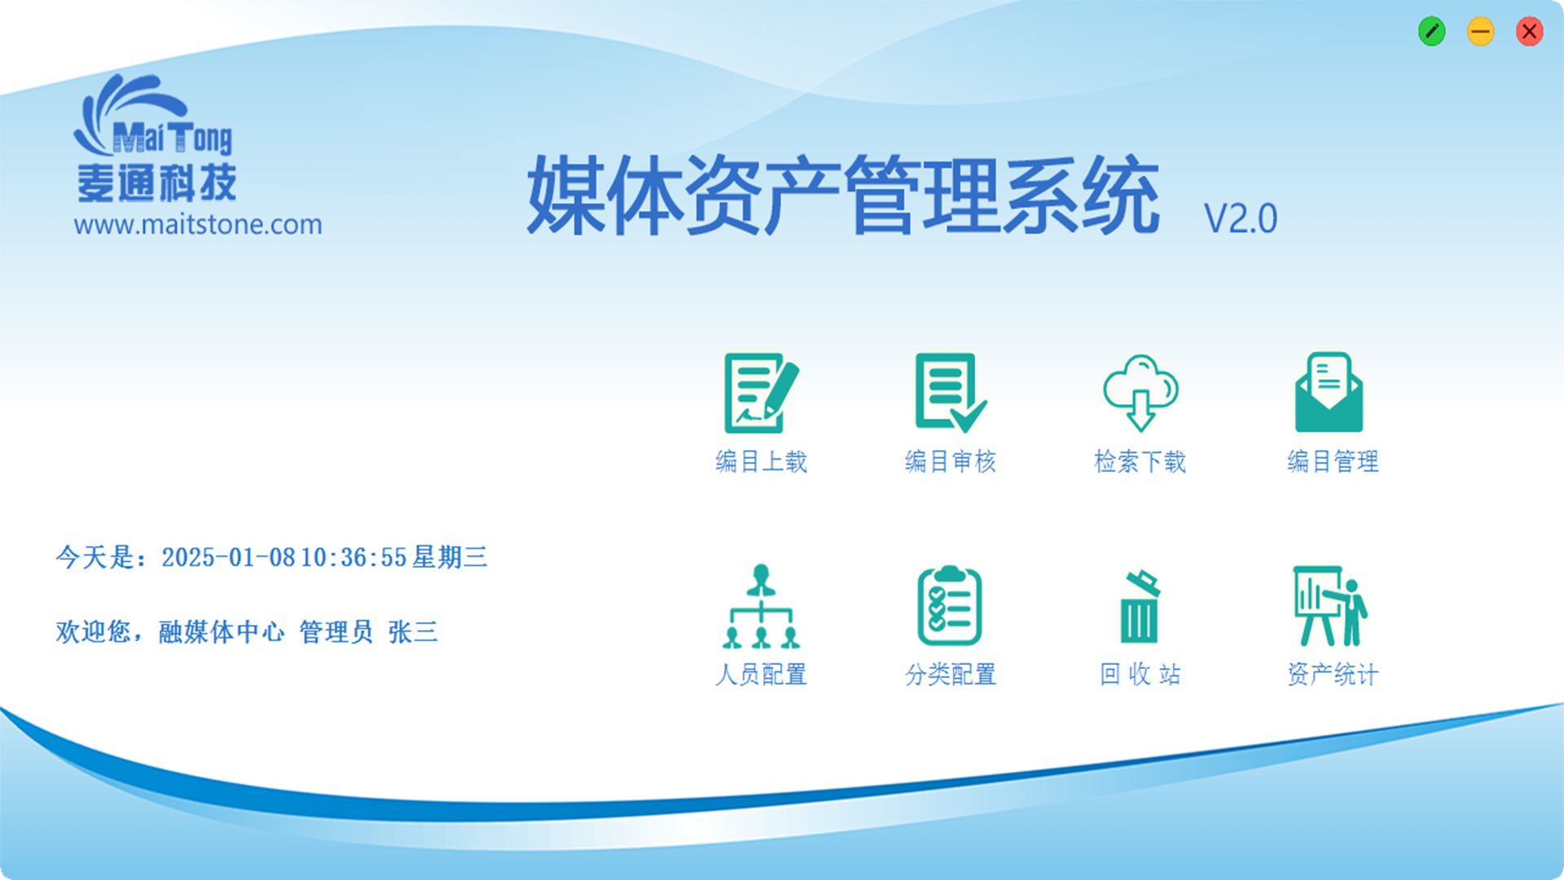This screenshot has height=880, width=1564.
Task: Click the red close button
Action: coord(1529,32)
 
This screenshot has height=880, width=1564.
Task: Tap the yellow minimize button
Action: coord(1480,32)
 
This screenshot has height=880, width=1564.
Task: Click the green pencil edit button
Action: coord(1431,32)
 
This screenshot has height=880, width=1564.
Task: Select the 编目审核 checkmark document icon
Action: coord(951,393)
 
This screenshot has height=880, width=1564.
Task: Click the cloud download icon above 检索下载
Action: coord(1140,393)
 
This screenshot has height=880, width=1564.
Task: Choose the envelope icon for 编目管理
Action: coord(1329,392)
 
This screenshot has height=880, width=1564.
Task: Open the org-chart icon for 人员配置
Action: coord(761,606)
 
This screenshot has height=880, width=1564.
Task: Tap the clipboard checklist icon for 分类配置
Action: coord(950,605)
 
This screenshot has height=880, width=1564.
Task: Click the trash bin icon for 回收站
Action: coord(1140,607)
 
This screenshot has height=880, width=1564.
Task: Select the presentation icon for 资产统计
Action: coord(1330,606)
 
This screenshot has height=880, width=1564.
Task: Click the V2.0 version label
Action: coord(1241,218)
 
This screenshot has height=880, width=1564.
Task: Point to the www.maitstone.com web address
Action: coord(198,224)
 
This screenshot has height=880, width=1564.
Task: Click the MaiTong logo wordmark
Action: coord(172,138)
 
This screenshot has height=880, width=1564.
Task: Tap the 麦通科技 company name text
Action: coord(156,183)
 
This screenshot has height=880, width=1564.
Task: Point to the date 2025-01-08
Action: coord(228,557)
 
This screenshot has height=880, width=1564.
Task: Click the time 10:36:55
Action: coord(354,557)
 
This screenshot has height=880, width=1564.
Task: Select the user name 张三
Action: coord(413,631)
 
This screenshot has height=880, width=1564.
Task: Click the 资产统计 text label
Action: coord(1333,674)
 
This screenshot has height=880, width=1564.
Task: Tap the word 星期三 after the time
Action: coord(450,557)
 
